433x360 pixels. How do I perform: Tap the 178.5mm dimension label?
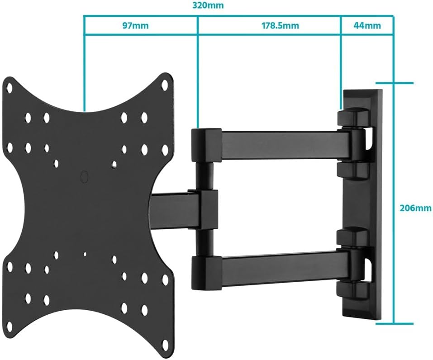point(280,25)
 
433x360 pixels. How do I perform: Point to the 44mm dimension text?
point(366,25)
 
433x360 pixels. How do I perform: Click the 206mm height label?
point(415,208)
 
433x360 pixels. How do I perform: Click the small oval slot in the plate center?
point(84,176)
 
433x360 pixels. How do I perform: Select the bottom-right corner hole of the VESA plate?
point(165,280)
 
